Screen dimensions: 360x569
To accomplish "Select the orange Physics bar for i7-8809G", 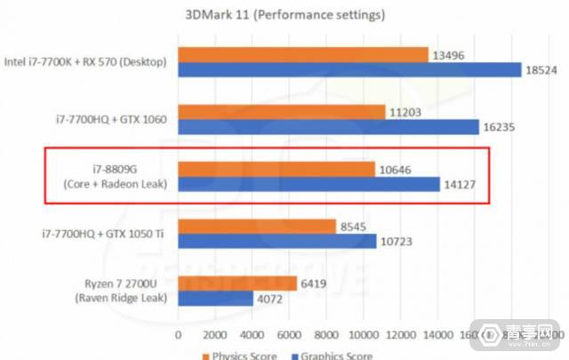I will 276,169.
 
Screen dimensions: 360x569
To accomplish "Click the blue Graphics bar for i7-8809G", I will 309,185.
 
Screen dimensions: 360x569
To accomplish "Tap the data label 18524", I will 542,69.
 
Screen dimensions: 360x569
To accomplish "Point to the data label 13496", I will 449,53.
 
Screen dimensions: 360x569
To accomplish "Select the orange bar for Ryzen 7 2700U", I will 237,284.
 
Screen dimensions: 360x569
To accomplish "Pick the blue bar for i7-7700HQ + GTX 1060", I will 328,127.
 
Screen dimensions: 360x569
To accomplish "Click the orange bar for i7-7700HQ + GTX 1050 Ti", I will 257,226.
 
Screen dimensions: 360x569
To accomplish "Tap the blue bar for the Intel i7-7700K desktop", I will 349,69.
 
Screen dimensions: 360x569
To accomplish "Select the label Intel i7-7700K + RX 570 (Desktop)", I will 89,61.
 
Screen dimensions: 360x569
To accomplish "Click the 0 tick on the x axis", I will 179,335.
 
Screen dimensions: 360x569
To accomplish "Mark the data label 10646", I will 399,169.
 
